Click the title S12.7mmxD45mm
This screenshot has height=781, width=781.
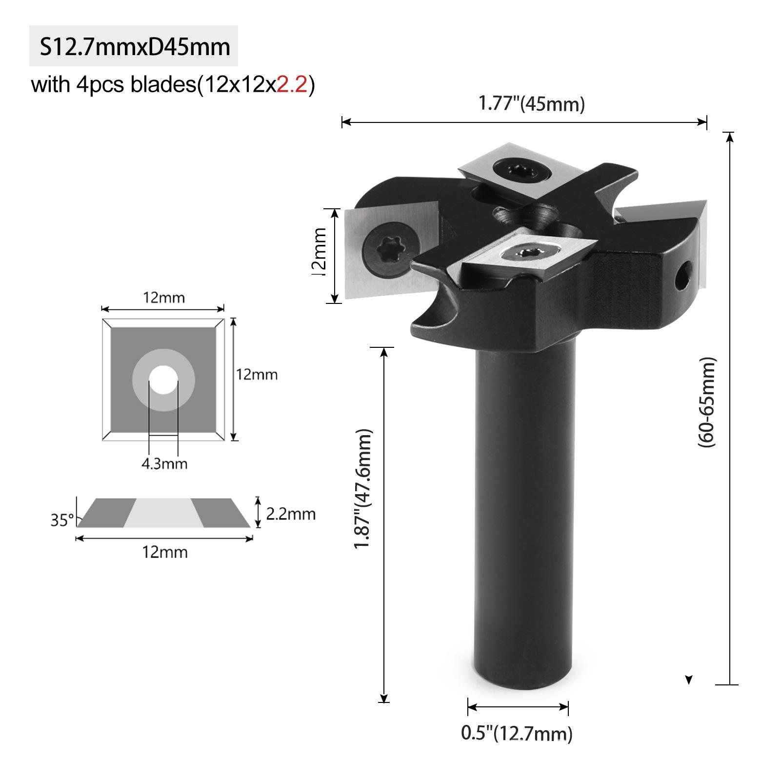coord(134,47)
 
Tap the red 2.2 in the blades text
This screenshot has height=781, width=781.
coord(292,85)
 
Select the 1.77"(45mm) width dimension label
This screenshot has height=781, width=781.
coord(531,104)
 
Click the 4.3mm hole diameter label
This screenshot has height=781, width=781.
coord(164,463)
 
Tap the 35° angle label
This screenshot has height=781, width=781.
coord(62,520)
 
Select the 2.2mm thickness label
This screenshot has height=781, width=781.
coord(291,514)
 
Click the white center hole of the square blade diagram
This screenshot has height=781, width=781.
coord(163,379)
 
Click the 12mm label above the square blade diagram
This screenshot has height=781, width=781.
coord(163,297)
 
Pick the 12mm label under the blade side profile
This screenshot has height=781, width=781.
coord(164,552)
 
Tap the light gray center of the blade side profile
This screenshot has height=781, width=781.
coord(163,513)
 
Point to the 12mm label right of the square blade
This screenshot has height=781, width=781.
coord(257,375)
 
